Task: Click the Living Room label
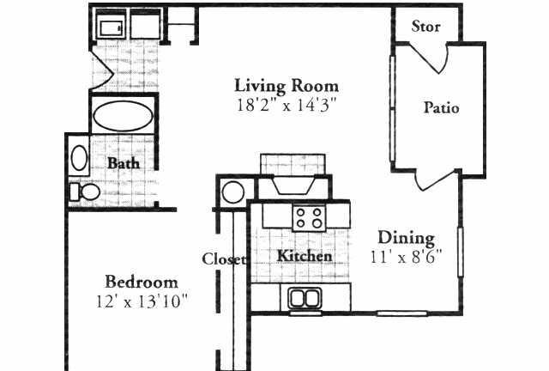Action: click(287, 86)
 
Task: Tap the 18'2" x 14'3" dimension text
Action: click(287, 105)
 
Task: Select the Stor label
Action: click(425, 27)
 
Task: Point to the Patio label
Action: click(441, 107)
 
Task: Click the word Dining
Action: click(406, 239)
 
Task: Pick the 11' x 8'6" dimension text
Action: click(406, 257)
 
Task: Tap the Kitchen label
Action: click(305, 256)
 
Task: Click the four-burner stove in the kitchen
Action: click(309, 218)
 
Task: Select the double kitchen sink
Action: click(305, 298)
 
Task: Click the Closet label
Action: click(223, 259)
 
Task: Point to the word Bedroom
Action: click(142, 282)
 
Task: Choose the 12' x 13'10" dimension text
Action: click(142, 301)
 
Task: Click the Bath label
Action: click(124, 163)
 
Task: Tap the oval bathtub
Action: click(123, 117)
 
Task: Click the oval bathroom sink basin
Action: click(80, 158)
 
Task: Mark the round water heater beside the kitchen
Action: click(233, 192)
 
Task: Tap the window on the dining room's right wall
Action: click(461, 252)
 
